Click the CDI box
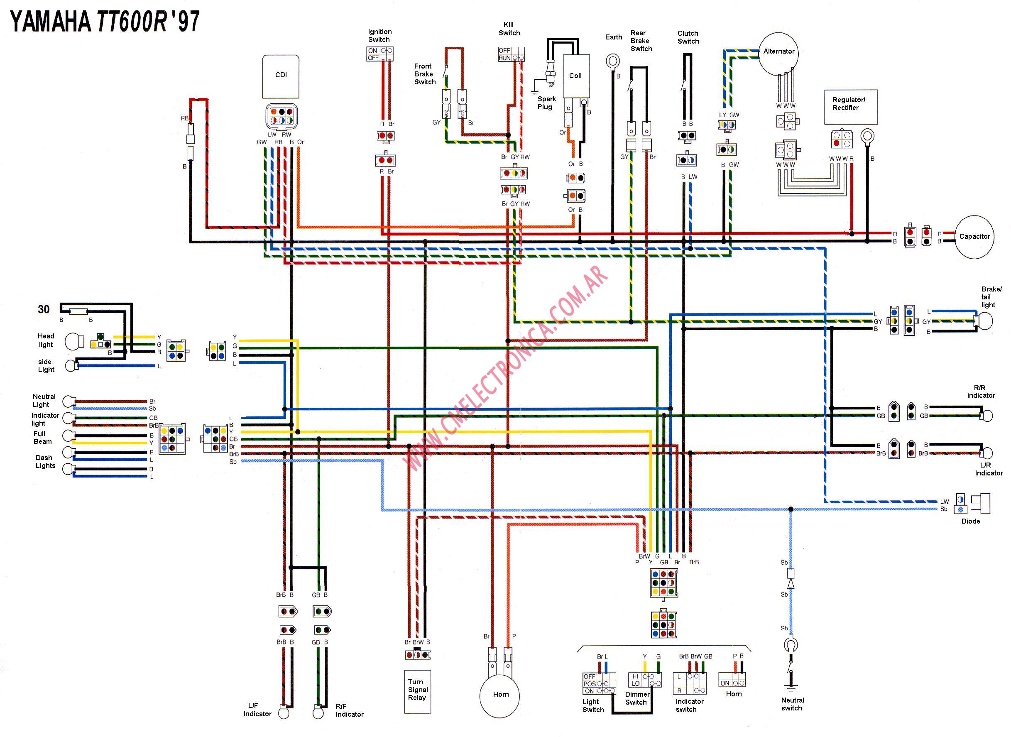(x=281, y=76)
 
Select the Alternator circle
(x=778, y=54)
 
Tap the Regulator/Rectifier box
(x=850, y=107)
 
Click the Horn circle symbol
(x=500, y=695)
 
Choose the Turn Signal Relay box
(x=417, y=691)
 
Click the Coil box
(x=576, y=76)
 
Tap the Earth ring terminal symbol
(x=613, y=61)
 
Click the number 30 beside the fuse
(x=43, y=309)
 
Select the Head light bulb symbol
(x=73, y=342)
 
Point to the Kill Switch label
(x=509, y=29)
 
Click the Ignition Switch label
(x=379, y=35)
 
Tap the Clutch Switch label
(x=688, y=37)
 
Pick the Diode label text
(x=970, y=521)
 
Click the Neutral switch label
(x=792, y=704)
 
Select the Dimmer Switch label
(x=636, y=698)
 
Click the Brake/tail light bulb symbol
(x=985, y=321)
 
